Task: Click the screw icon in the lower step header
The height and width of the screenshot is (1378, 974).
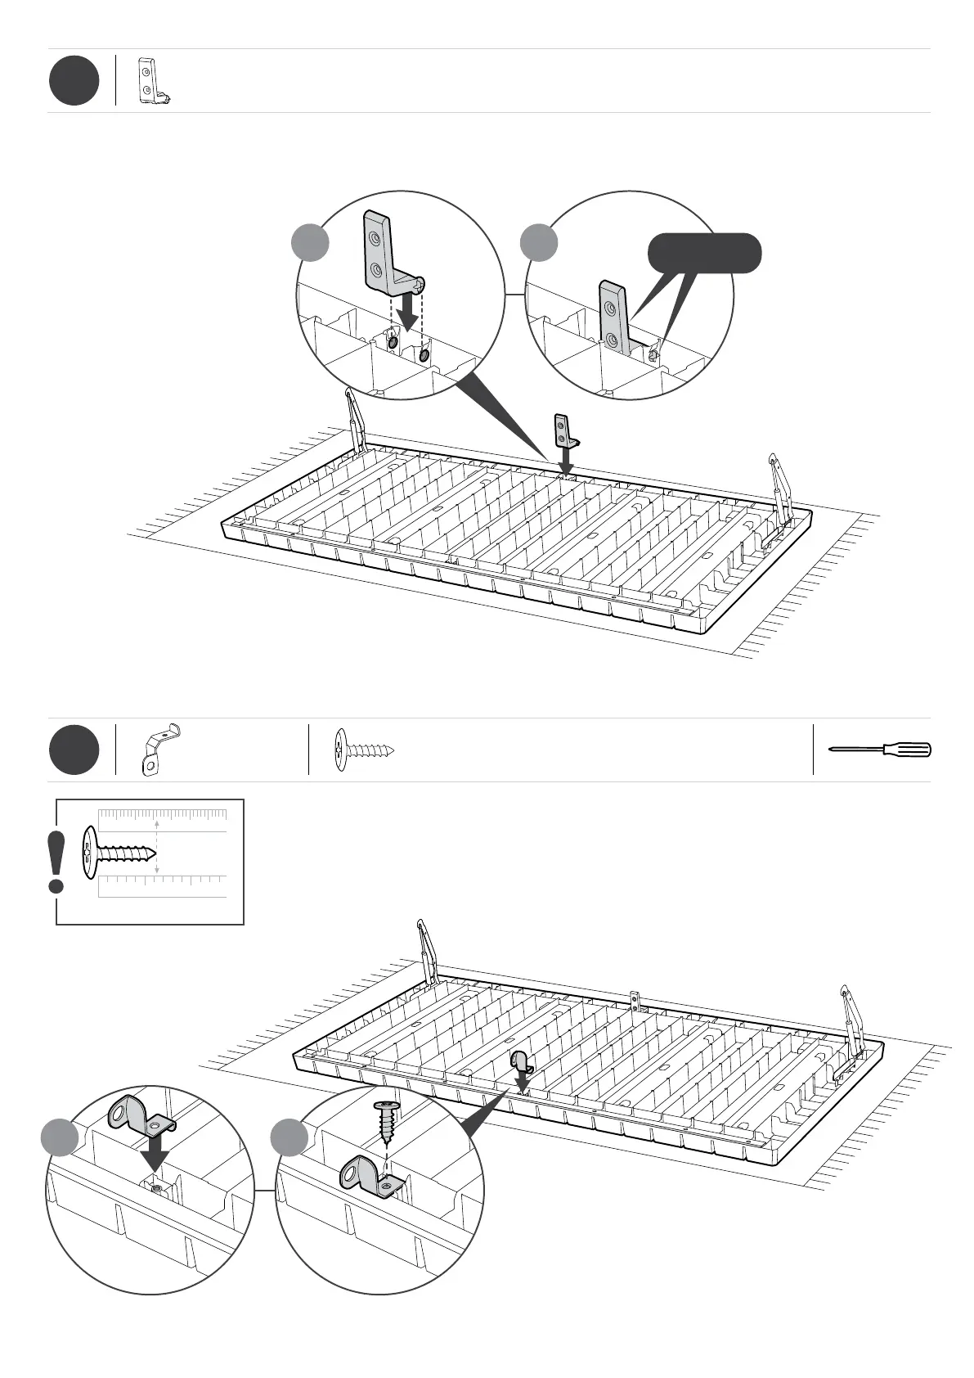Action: tap(365, 750)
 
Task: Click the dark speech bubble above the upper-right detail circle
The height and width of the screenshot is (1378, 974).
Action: tap(704, 253)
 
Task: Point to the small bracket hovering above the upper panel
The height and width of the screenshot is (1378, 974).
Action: tap(564, 430)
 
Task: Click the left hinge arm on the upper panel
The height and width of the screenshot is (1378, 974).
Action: tap(355, 420)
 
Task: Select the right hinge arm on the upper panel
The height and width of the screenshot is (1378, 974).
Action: tap(781, 487)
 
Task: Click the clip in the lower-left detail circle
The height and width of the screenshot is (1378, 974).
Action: tap(138, 1116)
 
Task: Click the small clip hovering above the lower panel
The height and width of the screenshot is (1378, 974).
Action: tap(522, 1062)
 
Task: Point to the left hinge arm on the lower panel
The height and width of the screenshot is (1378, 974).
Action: tap(429, 953)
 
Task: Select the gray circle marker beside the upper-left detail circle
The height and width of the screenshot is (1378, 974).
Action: tap(311, 243)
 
